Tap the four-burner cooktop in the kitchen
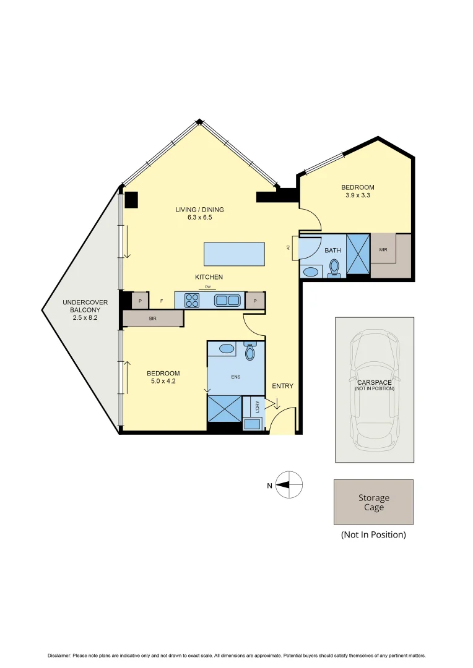(191, 301)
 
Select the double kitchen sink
(227, 301)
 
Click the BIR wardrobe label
(152, 319)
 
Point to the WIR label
(383, 250)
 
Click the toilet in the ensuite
(250, 352)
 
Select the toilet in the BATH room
(334, 267)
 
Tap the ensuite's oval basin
(227, 349)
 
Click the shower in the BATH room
(358, 254)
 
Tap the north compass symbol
(289, 485)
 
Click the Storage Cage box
(373, 502)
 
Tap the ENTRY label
(282, 386)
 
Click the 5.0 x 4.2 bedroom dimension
(163, 382)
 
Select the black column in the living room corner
(131, 200)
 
